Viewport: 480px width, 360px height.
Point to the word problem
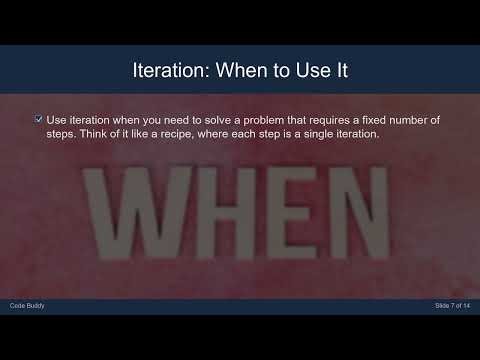(264, 120)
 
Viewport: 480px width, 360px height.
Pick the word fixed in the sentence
(384, 120)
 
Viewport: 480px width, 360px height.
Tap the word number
(422, 120)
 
